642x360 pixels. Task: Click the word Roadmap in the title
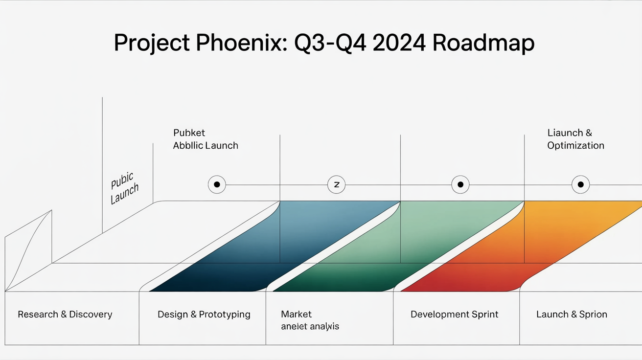483,44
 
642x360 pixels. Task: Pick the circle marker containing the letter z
336,185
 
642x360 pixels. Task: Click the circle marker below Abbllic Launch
217,185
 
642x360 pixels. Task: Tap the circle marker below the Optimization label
580,185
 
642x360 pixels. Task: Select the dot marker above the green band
460,185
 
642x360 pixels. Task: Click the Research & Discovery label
65,315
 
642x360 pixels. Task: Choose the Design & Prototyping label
204,315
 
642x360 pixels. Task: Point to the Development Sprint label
454,315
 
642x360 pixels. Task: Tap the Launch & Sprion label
572,315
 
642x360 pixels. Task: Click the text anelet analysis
310,326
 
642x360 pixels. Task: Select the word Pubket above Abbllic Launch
189,133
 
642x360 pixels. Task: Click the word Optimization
575,146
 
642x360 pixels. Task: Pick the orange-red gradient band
528,245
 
